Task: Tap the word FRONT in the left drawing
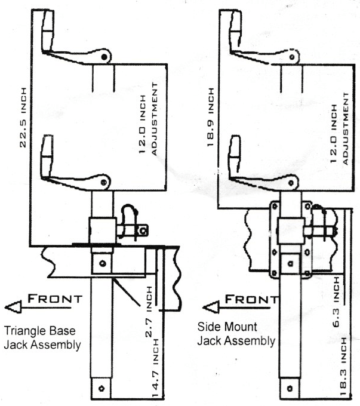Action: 54,300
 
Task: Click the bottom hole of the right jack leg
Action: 291,388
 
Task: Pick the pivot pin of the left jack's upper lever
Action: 106,57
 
